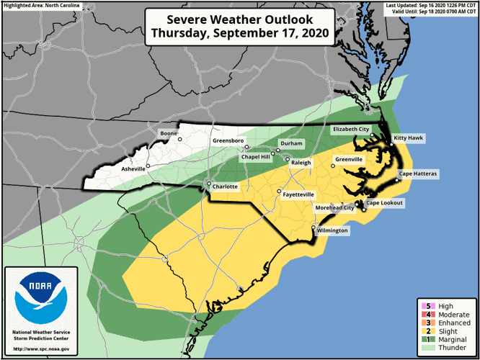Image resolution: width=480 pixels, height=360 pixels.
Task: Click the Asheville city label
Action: pos(133,169)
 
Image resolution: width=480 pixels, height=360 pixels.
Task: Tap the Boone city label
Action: pos(169,133)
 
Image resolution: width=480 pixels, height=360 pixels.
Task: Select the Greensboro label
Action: pos(228,140)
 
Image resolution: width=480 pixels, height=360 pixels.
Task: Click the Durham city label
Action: pos(291,144)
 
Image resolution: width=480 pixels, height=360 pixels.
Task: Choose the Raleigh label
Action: pos(301,163)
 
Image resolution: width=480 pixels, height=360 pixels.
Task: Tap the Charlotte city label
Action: pos(225,185)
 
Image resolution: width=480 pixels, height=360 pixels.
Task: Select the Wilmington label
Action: pos(332,230)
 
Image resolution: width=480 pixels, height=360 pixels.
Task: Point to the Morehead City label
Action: pos(335,208)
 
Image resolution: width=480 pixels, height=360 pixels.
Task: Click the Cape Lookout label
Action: pos(385,203)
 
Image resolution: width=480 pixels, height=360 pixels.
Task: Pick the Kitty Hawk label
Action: pos(408,138)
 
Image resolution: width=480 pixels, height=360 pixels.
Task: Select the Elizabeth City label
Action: pos(350,129)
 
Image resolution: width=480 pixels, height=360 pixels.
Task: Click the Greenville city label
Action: pos(349,159)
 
